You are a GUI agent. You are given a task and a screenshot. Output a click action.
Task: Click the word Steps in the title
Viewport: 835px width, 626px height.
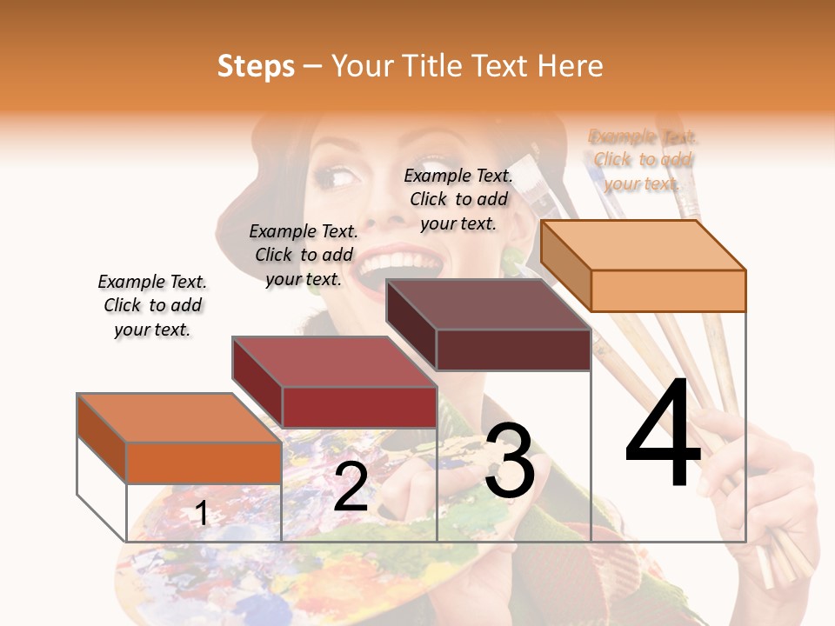[256, 66]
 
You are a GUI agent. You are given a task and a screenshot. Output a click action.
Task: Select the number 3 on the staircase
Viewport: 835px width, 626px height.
[510, 463]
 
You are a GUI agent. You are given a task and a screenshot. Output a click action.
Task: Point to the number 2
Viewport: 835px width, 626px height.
[351, 487]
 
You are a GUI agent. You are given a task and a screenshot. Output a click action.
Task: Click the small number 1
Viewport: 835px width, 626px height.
[202, 513]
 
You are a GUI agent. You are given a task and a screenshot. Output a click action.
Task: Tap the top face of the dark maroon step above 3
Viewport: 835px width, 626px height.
[488, 304]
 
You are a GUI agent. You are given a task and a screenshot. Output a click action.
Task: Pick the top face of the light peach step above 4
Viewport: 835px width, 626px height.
[643, 245]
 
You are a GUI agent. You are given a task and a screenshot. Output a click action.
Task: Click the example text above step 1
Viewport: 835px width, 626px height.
[152, 305]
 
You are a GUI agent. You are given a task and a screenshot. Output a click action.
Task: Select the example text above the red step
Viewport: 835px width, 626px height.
[304, 255]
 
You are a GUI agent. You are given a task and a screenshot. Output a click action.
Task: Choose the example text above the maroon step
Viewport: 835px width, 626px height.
[458, 199]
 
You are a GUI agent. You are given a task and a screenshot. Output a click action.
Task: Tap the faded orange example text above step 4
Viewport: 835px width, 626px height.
[643, 160]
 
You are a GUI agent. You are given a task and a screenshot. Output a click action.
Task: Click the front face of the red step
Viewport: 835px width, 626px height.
[359, 407]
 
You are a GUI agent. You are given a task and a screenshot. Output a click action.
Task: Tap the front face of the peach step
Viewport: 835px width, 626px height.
[668, 290]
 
